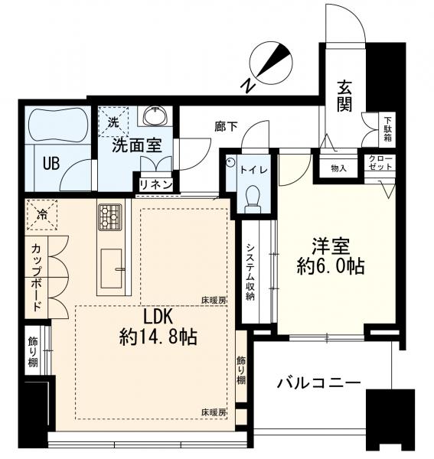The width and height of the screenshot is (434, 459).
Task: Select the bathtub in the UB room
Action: pyautogui.click(x=58, y=125)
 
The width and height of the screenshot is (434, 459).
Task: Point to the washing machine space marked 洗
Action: pyautogui.click(x=113, y=122)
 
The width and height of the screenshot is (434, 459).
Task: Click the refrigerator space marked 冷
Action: pyautogui.click(x=42, y=215)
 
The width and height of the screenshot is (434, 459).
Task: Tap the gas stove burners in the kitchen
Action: pyautogui.click(x=109, y=216)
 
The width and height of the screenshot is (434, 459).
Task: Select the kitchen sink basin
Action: pyautogui.click(x=111, y=269)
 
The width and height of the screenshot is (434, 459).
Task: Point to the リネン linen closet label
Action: pyautogui.click(x=156, y=185)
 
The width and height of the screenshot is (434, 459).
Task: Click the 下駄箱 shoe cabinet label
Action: pyautogui.click(x=387, y=129)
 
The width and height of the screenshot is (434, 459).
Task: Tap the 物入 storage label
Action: pyautogui.click(x=338, y=168)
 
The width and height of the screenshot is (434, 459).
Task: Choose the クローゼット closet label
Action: pyautogui.click(x=380, y=163)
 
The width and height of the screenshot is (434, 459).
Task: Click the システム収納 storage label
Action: pyautogui.click(x=250, y=272)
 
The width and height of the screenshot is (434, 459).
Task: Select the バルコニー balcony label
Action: pyautogui.click(x=319, y=383)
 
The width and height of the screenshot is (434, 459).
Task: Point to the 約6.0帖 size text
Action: pyautogui.click(x=331, y=266)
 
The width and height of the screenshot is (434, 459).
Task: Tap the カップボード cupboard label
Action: pyautogui.click(x=36, y=278)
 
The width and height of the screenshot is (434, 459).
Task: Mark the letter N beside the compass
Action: pyautogui.click(x=248, y=85)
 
